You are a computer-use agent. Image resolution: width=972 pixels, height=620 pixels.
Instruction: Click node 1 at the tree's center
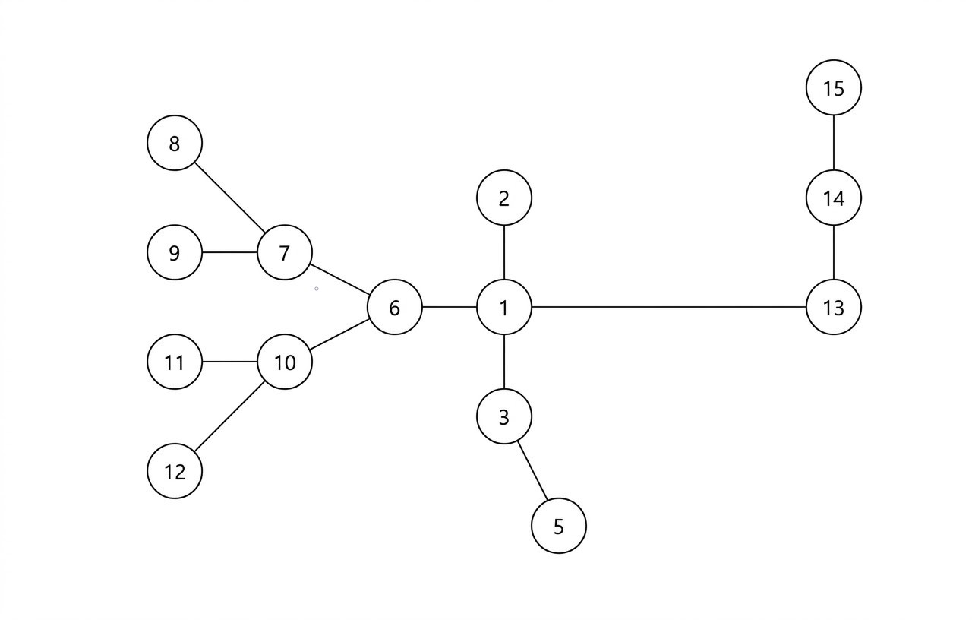[x=504, y=308]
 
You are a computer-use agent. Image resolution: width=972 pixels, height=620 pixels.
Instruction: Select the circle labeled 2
[x=504, y=198]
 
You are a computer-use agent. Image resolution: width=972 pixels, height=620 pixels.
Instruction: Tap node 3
[x=504, y=416]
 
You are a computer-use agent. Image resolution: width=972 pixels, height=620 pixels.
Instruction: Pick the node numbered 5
[x=559, y=526]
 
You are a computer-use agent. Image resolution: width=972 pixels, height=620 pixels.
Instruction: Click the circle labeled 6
[x=394, y=308]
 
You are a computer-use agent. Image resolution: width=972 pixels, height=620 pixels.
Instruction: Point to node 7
[x=285, y=253]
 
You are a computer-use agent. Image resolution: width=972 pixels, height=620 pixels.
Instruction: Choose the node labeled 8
[x=175, y=143]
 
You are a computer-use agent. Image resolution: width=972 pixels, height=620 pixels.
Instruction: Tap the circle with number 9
[x=175, y=253]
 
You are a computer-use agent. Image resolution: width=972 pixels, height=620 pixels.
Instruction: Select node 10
[x=285, y=362]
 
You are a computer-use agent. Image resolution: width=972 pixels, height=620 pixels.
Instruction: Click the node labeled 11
[x=175, y=362]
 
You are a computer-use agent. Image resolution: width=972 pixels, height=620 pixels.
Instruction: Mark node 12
[x=175, y=471]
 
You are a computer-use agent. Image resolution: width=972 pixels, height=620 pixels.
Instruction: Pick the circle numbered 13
[x=833, y=308]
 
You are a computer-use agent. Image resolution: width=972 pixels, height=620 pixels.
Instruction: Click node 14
[x=833, y=198]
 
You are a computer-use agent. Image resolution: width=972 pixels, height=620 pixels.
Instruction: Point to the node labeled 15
[x=833, y=88]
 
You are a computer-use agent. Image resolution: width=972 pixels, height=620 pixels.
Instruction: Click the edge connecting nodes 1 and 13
[x=668, y=308]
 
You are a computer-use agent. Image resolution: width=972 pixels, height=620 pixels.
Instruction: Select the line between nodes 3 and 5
[x=532, y=471]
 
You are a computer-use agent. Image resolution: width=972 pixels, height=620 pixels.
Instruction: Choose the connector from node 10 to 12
[x=229, y=417]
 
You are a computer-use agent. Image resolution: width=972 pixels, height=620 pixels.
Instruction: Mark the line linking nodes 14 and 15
[x=833, y=143]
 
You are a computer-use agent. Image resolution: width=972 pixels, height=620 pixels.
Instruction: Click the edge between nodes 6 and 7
[x=339, y=280]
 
